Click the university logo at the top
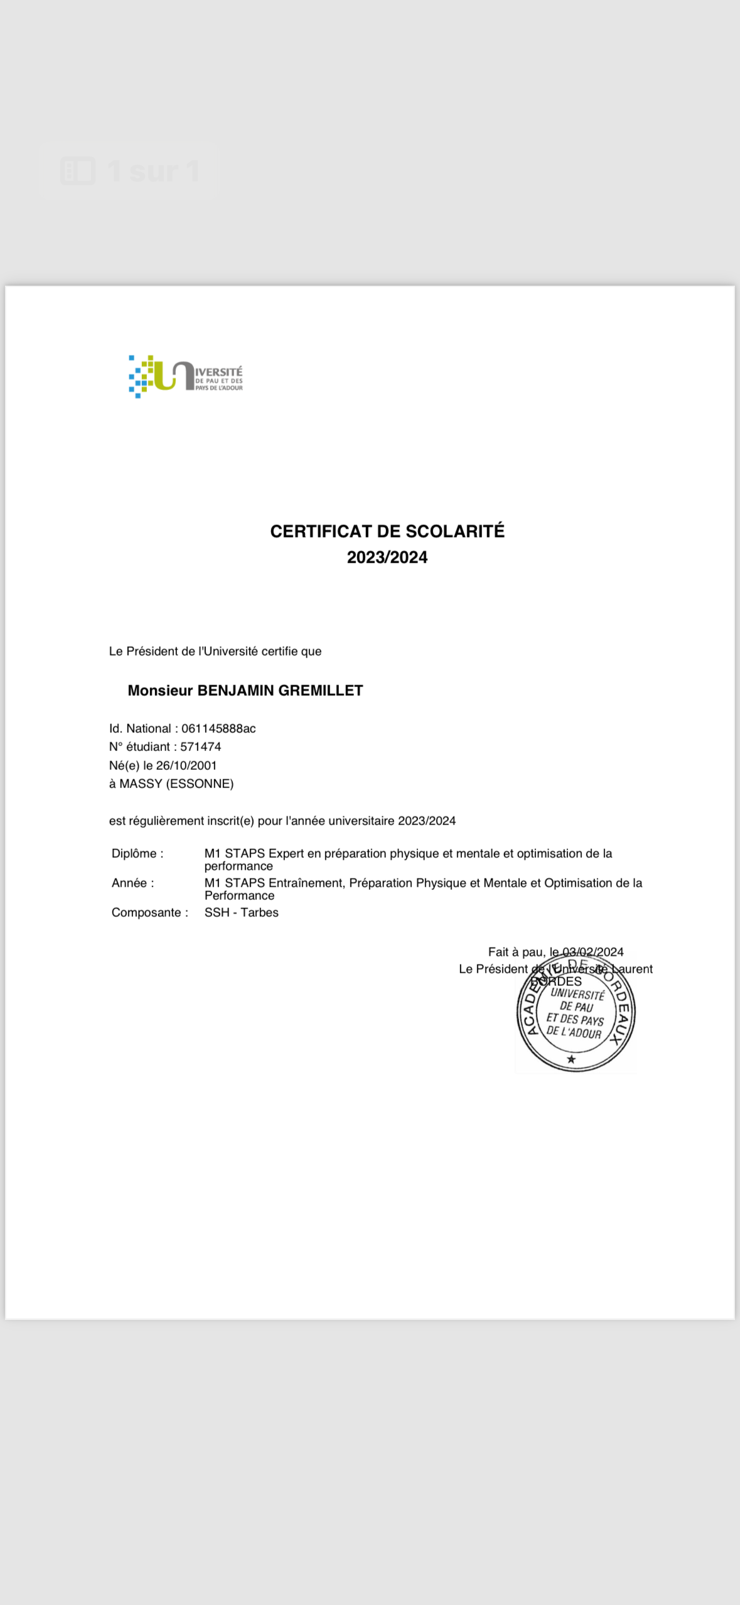pos(185,377)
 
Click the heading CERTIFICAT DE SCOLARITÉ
pos(387,531)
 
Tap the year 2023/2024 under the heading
pos(387,558)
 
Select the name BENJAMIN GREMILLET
pos(280,691)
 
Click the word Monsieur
pos(160,691)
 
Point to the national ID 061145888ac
pos(218,728)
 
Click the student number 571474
pos(200,747)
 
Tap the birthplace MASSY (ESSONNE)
pos(176,784)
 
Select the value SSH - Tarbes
pos(241,912)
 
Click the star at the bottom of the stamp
pos(571,1059)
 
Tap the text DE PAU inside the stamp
pos(576,1007)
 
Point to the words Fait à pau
pos(516,952)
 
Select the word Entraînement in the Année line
pos(306,883)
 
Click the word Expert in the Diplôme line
pos(286,853)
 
